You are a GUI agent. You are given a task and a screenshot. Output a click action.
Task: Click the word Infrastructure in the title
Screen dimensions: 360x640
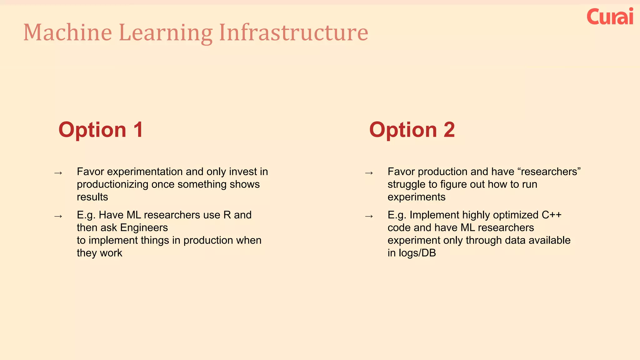pos(293,32)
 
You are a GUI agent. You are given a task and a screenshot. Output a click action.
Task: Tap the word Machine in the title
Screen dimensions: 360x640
pos(67,32)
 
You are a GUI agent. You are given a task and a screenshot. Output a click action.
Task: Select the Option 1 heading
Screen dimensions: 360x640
pos(101,130)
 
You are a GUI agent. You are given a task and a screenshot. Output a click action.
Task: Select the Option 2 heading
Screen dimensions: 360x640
pos(412,130)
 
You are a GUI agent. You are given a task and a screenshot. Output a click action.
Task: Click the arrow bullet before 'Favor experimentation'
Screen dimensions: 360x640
pos(58,173)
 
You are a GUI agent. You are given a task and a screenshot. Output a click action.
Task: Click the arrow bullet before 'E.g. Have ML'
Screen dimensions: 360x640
pos(58,216)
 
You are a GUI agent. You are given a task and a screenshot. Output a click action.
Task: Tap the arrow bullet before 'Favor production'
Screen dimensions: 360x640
pos(369,173)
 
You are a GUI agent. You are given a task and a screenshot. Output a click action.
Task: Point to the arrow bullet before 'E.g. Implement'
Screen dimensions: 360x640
pos(369,216)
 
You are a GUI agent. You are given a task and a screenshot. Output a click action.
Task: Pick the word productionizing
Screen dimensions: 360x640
pos(112,184)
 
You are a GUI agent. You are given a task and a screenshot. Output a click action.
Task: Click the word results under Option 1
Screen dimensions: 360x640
pos(92,197)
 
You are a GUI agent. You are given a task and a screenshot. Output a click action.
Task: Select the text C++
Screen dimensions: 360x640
pos(551,215)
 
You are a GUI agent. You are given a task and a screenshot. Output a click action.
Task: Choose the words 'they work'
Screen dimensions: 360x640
pos(99,253)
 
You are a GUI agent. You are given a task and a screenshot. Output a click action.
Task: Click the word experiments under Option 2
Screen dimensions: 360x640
pos(416,197)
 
